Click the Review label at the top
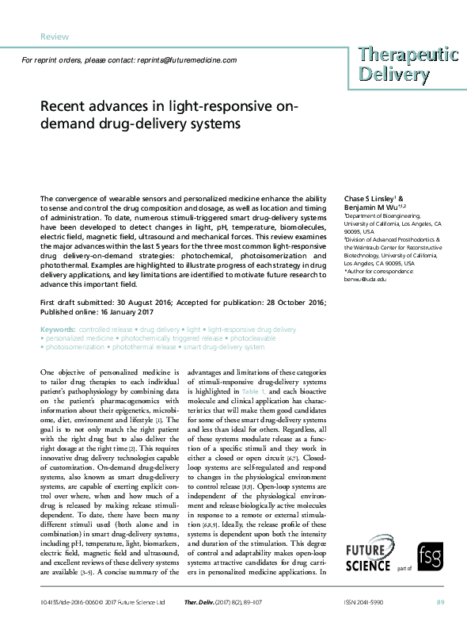coord(54,36)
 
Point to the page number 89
coord(441,604)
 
